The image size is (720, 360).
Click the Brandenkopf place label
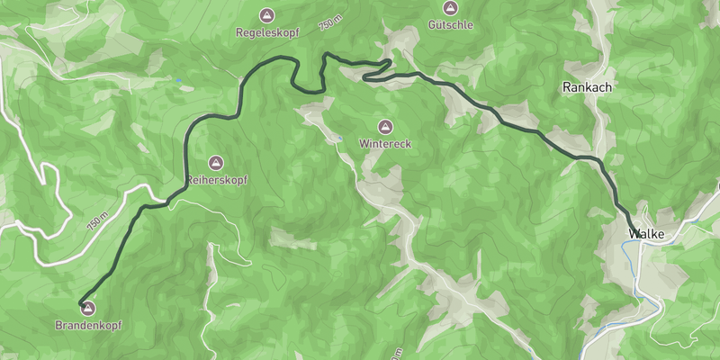[x=88, y=325]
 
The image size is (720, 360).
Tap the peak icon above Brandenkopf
[x=88, y=309]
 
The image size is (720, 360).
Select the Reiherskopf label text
[x=216, y=180]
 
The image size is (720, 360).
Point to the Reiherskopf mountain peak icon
[x=215, y=163]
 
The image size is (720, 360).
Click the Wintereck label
[x=386, y=143]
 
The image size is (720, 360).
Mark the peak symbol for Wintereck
[x=386, y=126]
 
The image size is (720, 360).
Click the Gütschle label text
[x=451, y=25]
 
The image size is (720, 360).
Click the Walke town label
[x=647, y=234]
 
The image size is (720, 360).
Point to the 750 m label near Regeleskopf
[x=330, y=24]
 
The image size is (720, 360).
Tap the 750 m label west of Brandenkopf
[x=98, y=221]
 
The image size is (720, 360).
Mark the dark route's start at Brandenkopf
[x=80, y=301]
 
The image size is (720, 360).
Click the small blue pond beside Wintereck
[x=340, y=139]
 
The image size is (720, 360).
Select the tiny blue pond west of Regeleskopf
[x=179, y=82]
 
